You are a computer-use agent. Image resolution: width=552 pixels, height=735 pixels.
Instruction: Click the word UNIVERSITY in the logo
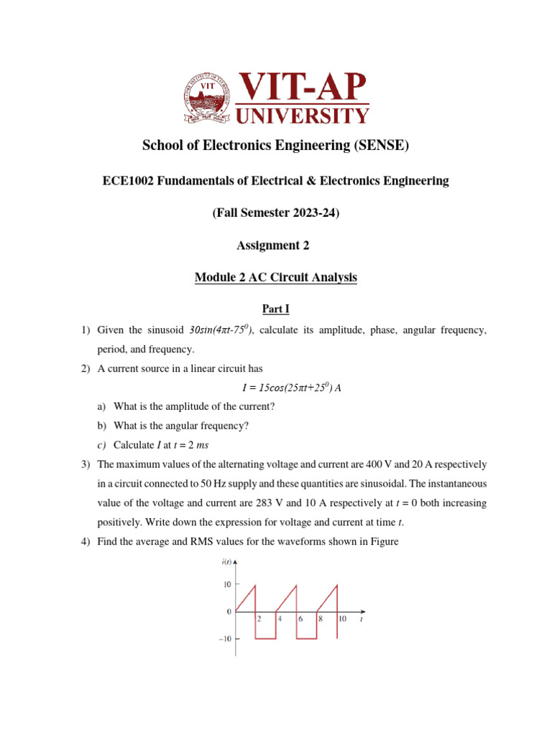(303, 115)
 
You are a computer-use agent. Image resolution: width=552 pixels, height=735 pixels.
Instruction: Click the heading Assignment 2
(275, 245)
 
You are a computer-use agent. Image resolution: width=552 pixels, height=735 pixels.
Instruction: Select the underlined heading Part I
(275, 309)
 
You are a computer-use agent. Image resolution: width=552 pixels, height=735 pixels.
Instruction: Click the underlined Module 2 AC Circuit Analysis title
(275, 277)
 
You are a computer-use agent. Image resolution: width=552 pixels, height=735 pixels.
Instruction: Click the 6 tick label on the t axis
(300, 618)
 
